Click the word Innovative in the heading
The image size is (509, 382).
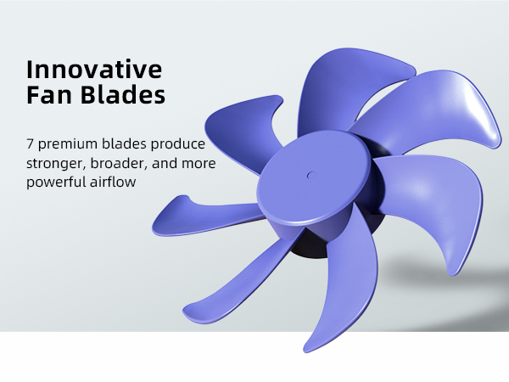[94, 67]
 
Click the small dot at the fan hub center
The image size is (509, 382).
[310, 177]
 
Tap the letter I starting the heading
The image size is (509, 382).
[30, 67]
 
